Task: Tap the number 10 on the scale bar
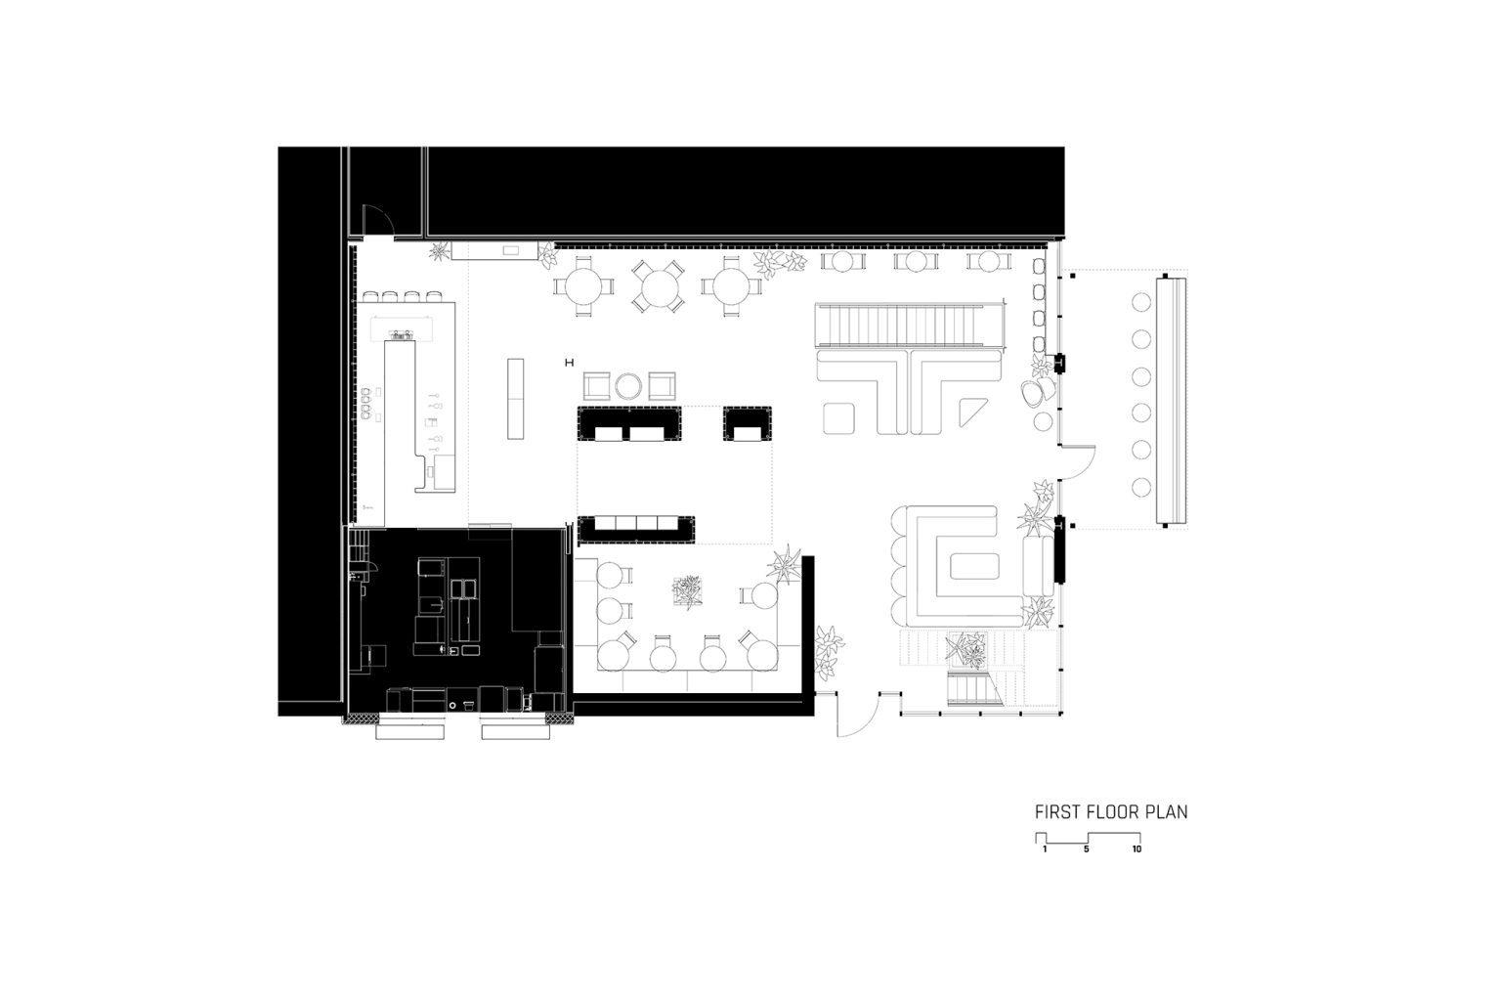click(1137, 849)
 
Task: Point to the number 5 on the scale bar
click(1087, 849)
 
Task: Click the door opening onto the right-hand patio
click(1077, 462)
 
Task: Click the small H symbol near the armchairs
click(570, 363)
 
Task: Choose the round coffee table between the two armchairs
click(628, 386)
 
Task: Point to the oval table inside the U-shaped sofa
click(974, 567)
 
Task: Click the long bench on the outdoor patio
click(1172, 402)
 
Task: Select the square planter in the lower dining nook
click(688, 591)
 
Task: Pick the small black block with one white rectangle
click(748, 423)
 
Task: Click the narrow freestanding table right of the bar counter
click(515, 399)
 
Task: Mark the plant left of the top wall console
click(440, 251)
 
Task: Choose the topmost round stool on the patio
click(1141, 302)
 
